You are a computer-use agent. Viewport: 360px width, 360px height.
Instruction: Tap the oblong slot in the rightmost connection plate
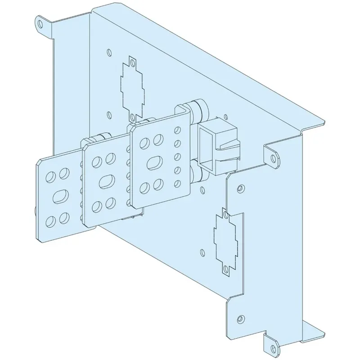[x=154, y=163]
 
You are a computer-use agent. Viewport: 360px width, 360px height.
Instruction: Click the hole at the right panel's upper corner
[x=240, y=187]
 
